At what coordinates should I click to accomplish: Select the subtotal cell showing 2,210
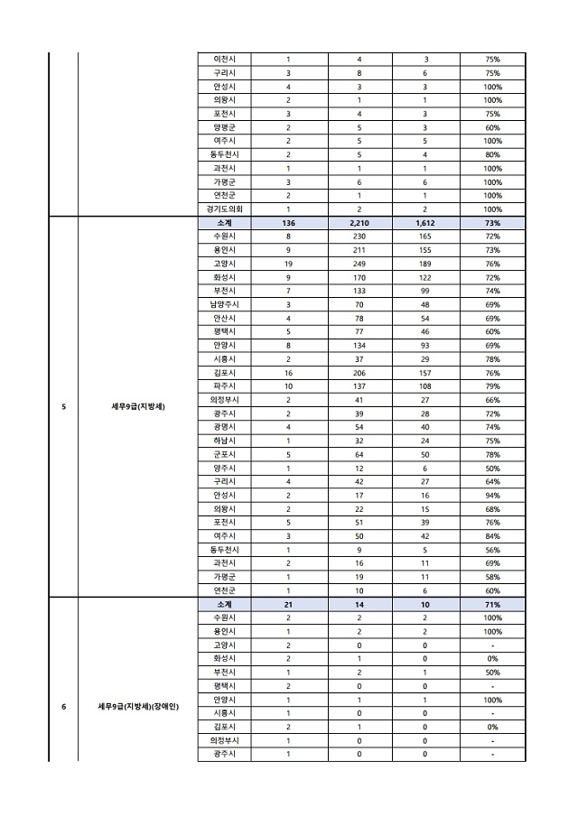358,222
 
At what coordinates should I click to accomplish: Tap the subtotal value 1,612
425,222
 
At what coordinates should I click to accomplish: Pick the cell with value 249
358,263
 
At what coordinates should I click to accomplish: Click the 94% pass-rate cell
492,494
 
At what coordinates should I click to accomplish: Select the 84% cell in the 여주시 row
492,535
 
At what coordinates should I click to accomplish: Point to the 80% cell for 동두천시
492,154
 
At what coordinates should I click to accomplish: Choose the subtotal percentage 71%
492,604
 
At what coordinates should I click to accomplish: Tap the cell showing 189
425,263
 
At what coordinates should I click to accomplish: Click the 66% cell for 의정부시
492,399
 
